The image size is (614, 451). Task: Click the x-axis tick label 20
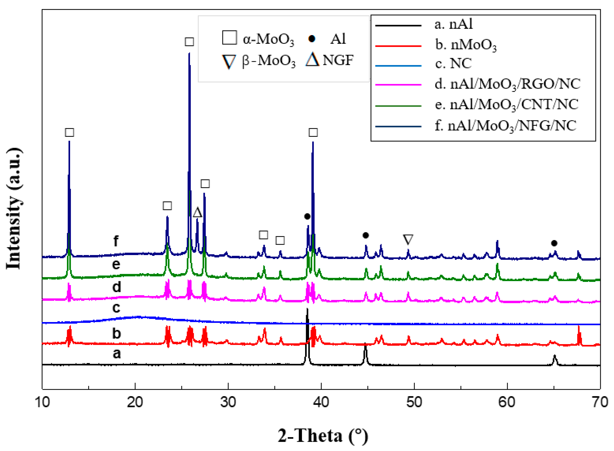135,402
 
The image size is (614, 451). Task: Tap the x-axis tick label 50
414,402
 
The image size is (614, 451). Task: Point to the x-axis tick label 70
600,402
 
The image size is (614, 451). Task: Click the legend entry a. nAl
453,24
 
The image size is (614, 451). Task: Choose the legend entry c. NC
453,64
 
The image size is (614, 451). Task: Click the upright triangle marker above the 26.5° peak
197,212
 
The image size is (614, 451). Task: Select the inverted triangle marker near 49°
408,239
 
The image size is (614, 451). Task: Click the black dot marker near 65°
554,243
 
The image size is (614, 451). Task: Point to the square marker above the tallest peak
189,42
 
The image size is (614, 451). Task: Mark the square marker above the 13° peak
69,133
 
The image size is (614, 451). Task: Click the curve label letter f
116,241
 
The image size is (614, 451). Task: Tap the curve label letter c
116,308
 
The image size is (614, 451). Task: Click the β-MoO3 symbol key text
269,61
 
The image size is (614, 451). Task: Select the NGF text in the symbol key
338,60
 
